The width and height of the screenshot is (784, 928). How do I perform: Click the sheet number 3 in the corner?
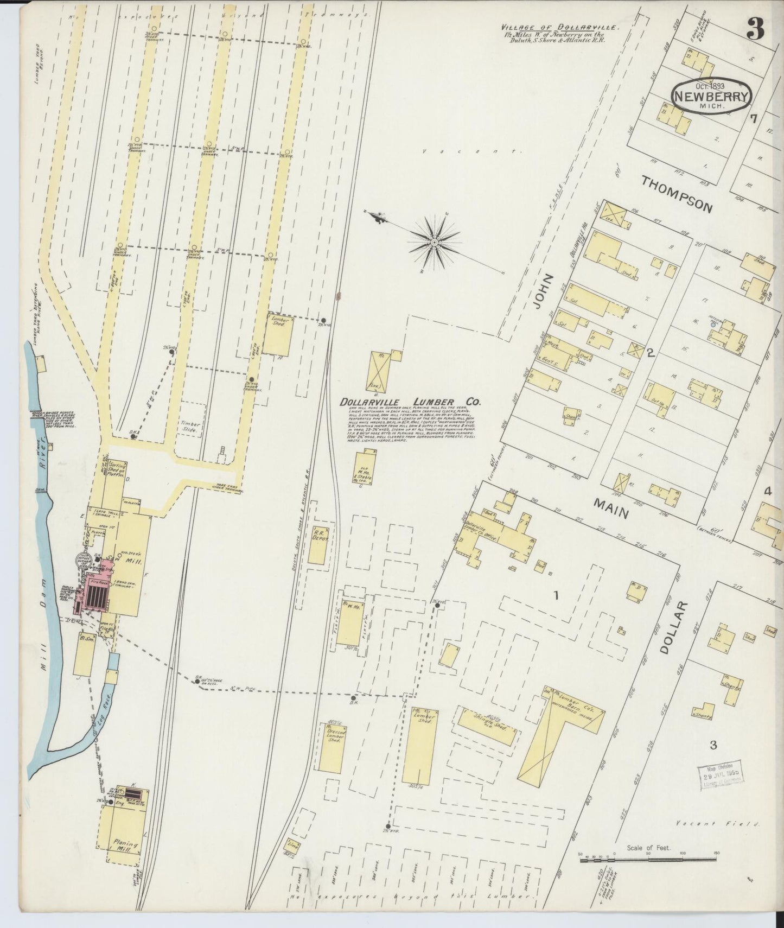[755, 28]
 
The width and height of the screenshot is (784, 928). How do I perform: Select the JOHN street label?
[544, 291]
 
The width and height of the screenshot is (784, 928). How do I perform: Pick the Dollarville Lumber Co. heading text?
[410, 403]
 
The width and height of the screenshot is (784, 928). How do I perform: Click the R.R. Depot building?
[318, 544]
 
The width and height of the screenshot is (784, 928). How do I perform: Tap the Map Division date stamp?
[719, 781]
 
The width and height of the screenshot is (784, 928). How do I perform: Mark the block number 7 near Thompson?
[753, 119]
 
